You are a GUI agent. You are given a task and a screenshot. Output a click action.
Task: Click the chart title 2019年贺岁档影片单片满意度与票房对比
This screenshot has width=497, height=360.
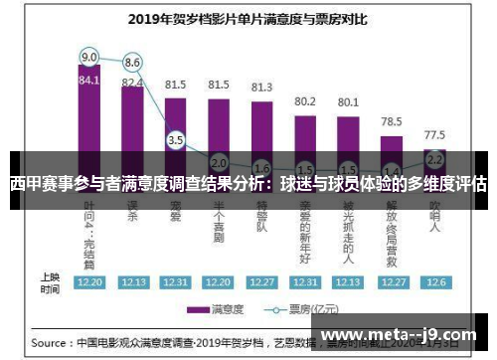coord(248,18)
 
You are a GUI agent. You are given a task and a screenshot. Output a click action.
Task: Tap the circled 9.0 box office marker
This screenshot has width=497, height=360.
coord(89,57)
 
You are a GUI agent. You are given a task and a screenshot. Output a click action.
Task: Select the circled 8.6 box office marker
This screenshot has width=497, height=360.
coord(132,64)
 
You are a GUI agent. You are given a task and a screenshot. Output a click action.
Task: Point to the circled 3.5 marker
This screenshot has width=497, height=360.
coord(176,140)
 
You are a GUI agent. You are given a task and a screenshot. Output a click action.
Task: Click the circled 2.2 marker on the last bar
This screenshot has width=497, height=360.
coord(434,158)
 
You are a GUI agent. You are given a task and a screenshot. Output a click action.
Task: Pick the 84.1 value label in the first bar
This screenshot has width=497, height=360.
coord(89,80)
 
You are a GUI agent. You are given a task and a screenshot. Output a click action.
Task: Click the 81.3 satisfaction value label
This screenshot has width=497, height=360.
coord(261,87)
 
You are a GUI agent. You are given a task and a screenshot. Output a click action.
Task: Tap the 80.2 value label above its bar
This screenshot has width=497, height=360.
coord(304,100)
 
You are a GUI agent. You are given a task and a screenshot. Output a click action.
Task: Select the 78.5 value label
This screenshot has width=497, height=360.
coord(392,120)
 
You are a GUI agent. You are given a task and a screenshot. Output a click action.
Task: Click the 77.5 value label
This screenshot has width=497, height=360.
coord(434,133)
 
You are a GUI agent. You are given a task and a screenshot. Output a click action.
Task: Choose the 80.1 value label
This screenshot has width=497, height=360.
coord(348,101)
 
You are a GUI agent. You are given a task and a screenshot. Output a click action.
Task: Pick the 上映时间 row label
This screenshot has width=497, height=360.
coord(49,282)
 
